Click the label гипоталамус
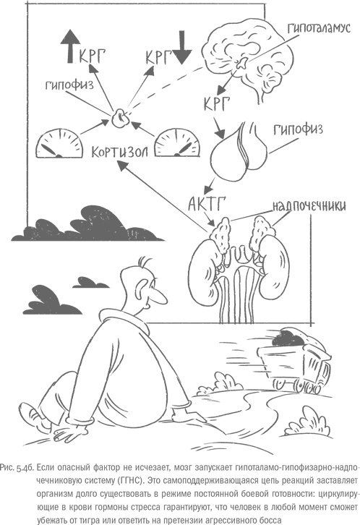pos(319,27)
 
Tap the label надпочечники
pos(309,205)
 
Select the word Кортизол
pos(119,152)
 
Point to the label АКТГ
pos(206,203)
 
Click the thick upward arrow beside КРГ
pos(69,46)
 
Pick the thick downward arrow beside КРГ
pos(182,47)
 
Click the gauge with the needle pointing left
pos(59,144)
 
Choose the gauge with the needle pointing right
pos(178,142)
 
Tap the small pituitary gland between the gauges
pos(119,118)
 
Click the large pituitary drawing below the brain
pos(239,153)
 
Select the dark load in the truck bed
pos(288,339)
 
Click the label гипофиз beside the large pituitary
pos(298,130)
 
